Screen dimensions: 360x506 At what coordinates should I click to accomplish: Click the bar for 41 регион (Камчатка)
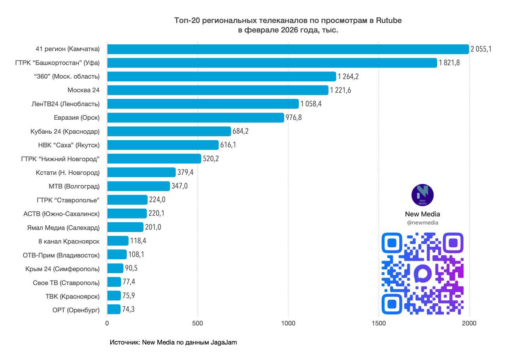pyautogui.click(x=288, y=49)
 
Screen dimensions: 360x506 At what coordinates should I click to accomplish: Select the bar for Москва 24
pyautogui.click(x=217, y=90)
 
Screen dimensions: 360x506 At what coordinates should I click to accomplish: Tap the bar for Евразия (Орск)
pyautogui.click(x=196, y=117)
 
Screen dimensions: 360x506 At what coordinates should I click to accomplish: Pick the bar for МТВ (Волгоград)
pyautogui.click(x=138, y=186)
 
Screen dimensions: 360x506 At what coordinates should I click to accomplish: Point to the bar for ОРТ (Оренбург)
pyautogui.click(x=114, y=309)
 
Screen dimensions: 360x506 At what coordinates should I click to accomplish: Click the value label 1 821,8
pyautogui.click(x=449, y=63)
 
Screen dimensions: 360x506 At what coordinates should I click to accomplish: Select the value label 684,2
pyautogui.click(x=240, y=131)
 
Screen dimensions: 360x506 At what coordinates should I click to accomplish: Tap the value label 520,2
pyautogui.click(x=211, y=158)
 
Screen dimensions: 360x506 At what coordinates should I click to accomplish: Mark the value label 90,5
pyautogui.click(x=131, y=268)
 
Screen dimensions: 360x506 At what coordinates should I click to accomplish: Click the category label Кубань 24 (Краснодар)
pyautogui.click(x=65, y=132)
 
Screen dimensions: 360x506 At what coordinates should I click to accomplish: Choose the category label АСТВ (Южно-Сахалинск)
pyautogui.click(x=61, y=214)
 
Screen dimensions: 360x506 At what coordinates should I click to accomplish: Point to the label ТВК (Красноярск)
pyautogui.click(x=72, y=296)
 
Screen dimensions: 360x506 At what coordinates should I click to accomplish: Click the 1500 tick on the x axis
pyautogui.click(x=379, y=324)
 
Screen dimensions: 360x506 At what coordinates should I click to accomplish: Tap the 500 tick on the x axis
pyautogui.click(x=198, y=324)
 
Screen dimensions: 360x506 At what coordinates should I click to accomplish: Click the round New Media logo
pyautogui.click(x=422, y=195)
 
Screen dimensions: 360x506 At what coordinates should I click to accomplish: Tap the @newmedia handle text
pyautogui.click(x=422, y=223)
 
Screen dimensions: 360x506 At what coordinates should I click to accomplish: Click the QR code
pyautogui.click(x=422, y=273)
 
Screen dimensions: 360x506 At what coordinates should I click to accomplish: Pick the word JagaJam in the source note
pyautogui.click(x=224, y=343)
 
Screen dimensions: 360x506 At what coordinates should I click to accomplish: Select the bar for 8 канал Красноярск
pyautogui.click(x=118, y=241)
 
